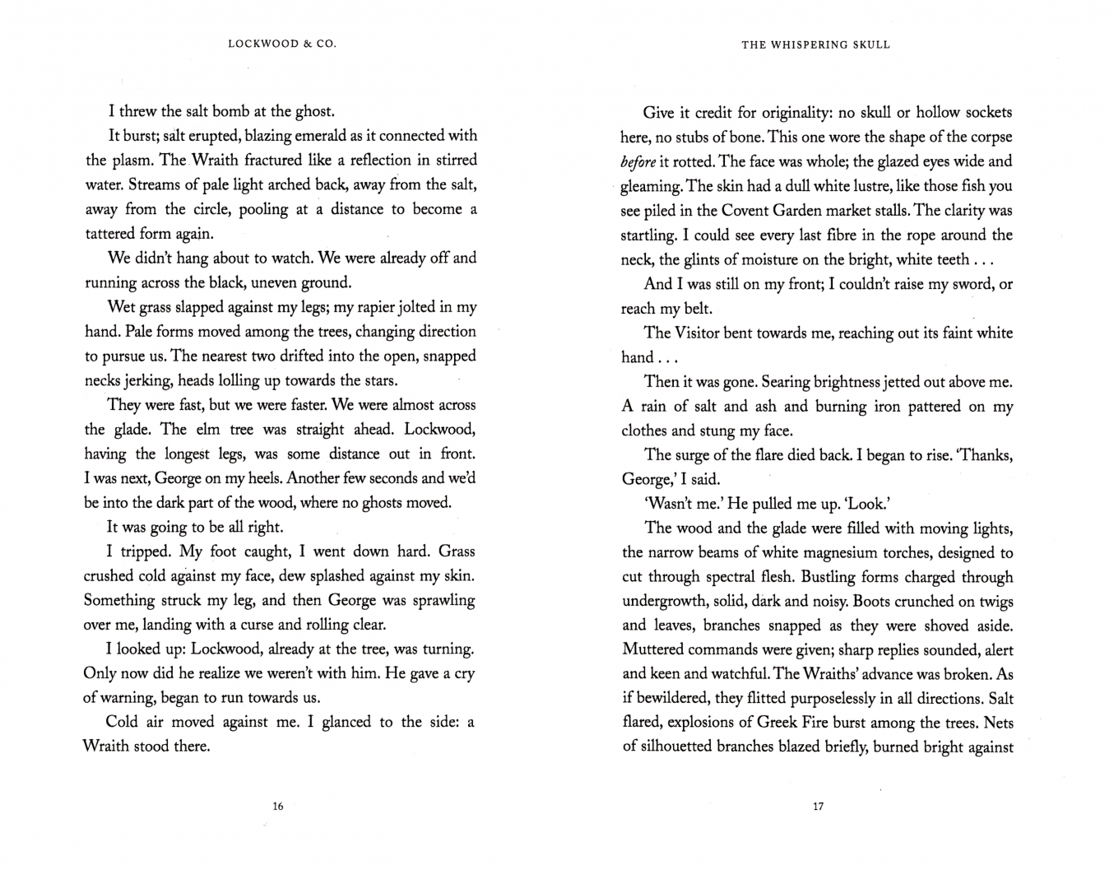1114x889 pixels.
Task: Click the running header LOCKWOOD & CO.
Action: tap(281, 44)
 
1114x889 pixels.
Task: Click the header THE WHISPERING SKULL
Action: tap(815, 44)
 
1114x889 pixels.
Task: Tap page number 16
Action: tap(277, 807)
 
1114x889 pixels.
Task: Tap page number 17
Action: tap(817, 807)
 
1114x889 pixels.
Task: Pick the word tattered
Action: tap(114, 233)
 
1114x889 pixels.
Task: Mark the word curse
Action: tap(260, 624)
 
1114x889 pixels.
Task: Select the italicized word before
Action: tap(638, 161)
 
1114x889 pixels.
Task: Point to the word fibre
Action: tap(825, 235)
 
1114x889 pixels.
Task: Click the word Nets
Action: tap(998, 724)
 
